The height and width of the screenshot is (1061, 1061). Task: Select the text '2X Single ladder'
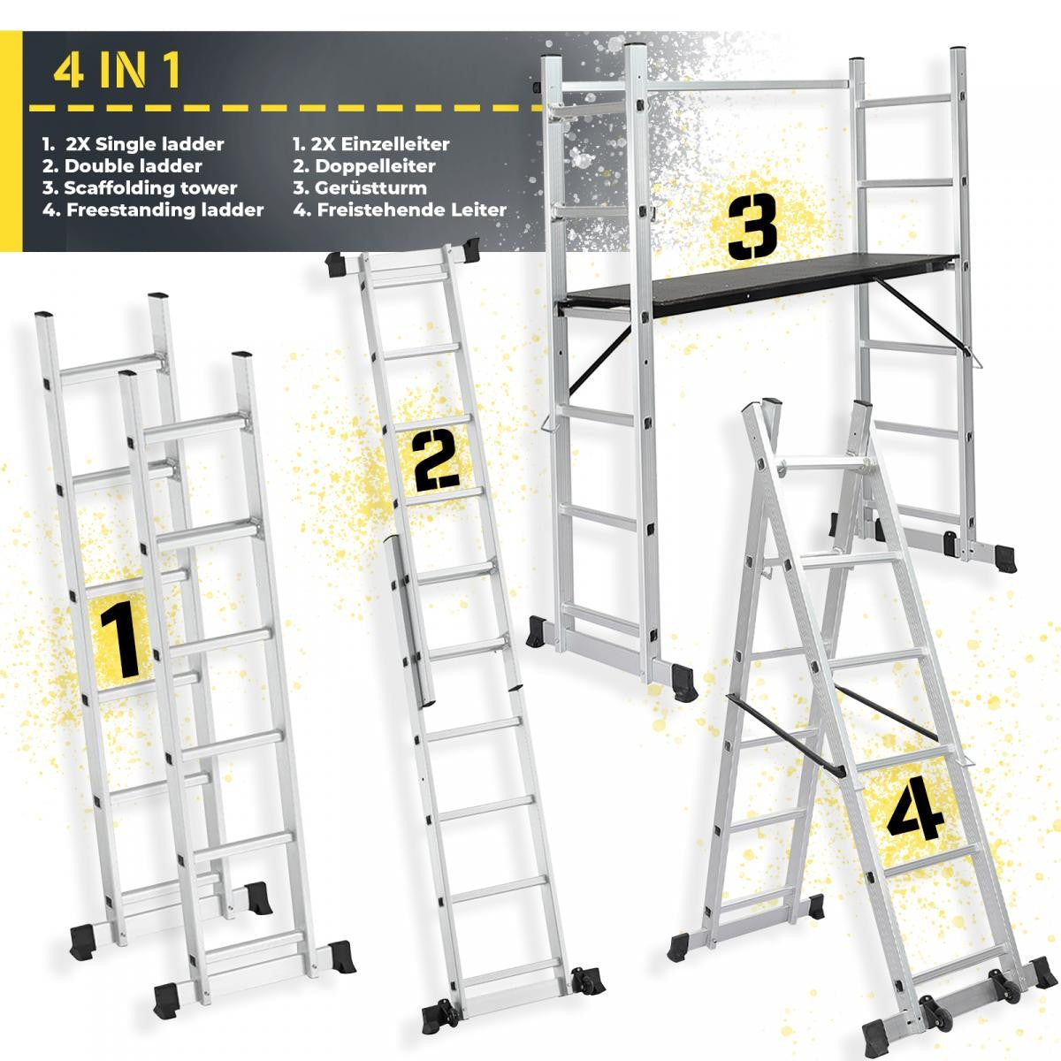pyautogui.click(x=144, y=144)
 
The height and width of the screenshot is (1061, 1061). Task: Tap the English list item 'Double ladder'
pyautogui.click(x=134, y=166)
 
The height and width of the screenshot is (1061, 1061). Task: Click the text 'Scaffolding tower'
pyautogui.click(x=150, y=188)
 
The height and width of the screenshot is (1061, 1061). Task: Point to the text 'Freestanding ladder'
pyautogui.click(x=164, y=210)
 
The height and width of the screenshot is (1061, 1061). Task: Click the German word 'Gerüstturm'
pyautogui.click(x=370, y=188)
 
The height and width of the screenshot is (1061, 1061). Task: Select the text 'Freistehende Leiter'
pyautogui.click(x=411, y=210)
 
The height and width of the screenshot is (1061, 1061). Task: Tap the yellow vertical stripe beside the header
pyautogui.click(x=11, y=141)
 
